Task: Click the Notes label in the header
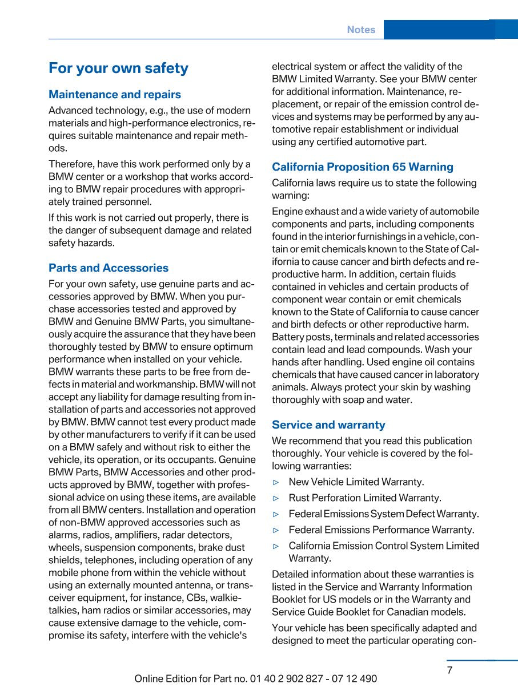click(361, 30)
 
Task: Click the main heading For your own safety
click(118, 68)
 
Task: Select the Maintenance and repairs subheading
click(115, 95)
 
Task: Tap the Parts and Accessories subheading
click(109, 268)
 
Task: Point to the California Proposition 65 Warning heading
click(363, 167)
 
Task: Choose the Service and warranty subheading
click(328, 425)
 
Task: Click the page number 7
click(449, 670)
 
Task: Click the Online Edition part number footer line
click(256, 678)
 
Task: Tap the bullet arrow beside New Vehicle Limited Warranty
click(276, 482)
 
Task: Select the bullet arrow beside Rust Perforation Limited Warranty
click(276, 498)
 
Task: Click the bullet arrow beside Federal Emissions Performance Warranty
click(276, 530)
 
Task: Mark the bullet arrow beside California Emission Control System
click(276, 546)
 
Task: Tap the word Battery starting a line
click(290, 337)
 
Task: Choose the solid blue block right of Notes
click(439, 30)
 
